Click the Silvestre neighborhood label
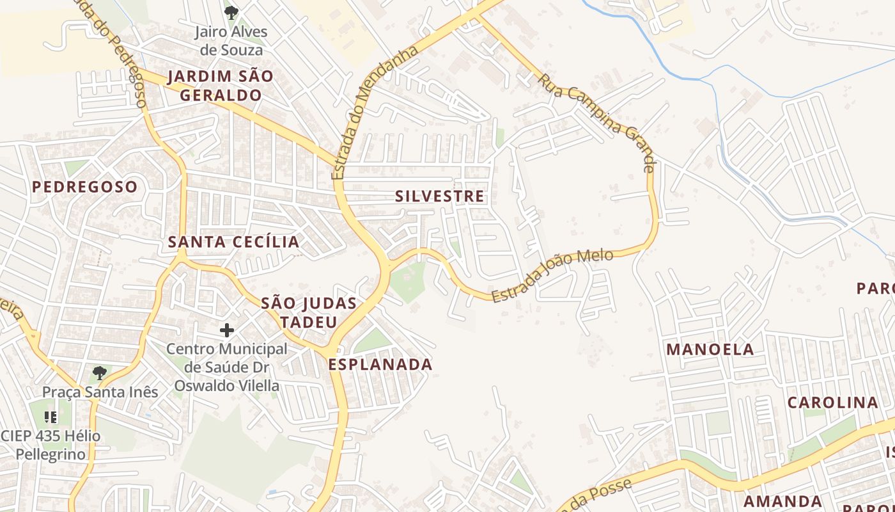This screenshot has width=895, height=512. [440, 196]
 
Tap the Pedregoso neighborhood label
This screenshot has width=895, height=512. [84, 187]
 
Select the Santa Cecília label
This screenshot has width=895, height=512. [233, 242]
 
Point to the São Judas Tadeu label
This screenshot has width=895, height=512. [309, 312]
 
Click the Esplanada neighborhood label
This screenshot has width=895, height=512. [380, 365]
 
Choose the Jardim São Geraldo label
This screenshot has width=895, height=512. [221, 86]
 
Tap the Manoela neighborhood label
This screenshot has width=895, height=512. [710, 349]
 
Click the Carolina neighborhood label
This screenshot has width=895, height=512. [832, 403]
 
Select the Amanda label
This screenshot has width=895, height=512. [782, 500]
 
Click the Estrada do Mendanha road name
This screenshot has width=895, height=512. [375, 111]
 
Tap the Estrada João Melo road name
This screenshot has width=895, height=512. [552, 275]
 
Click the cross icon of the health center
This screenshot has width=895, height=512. [227, 330]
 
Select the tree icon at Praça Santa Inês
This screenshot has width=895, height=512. [99, 373]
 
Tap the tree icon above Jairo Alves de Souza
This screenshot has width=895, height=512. [231, 12]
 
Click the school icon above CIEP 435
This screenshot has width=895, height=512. [51, 417]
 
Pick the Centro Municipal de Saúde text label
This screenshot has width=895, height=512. [227, 367]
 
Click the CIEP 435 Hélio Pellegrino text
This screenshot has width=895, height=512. [51, 445]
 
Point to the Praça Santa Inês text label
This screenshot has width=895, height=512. [100, 392]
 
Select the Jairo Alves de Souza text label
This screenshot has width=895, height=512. [231, 40]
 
